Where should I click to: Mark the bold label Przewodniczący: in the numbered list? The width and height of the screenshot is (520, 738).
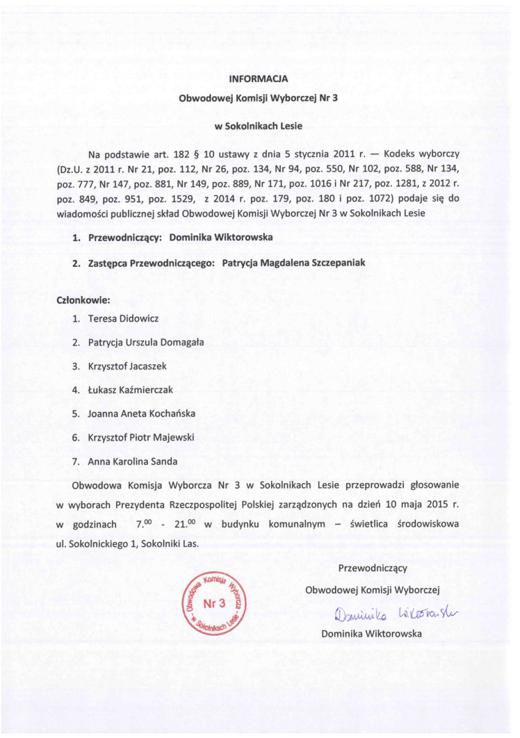point(125,238)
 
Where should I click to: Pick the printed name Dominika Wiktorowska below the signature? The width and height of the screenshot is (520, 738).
point(371,633)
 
